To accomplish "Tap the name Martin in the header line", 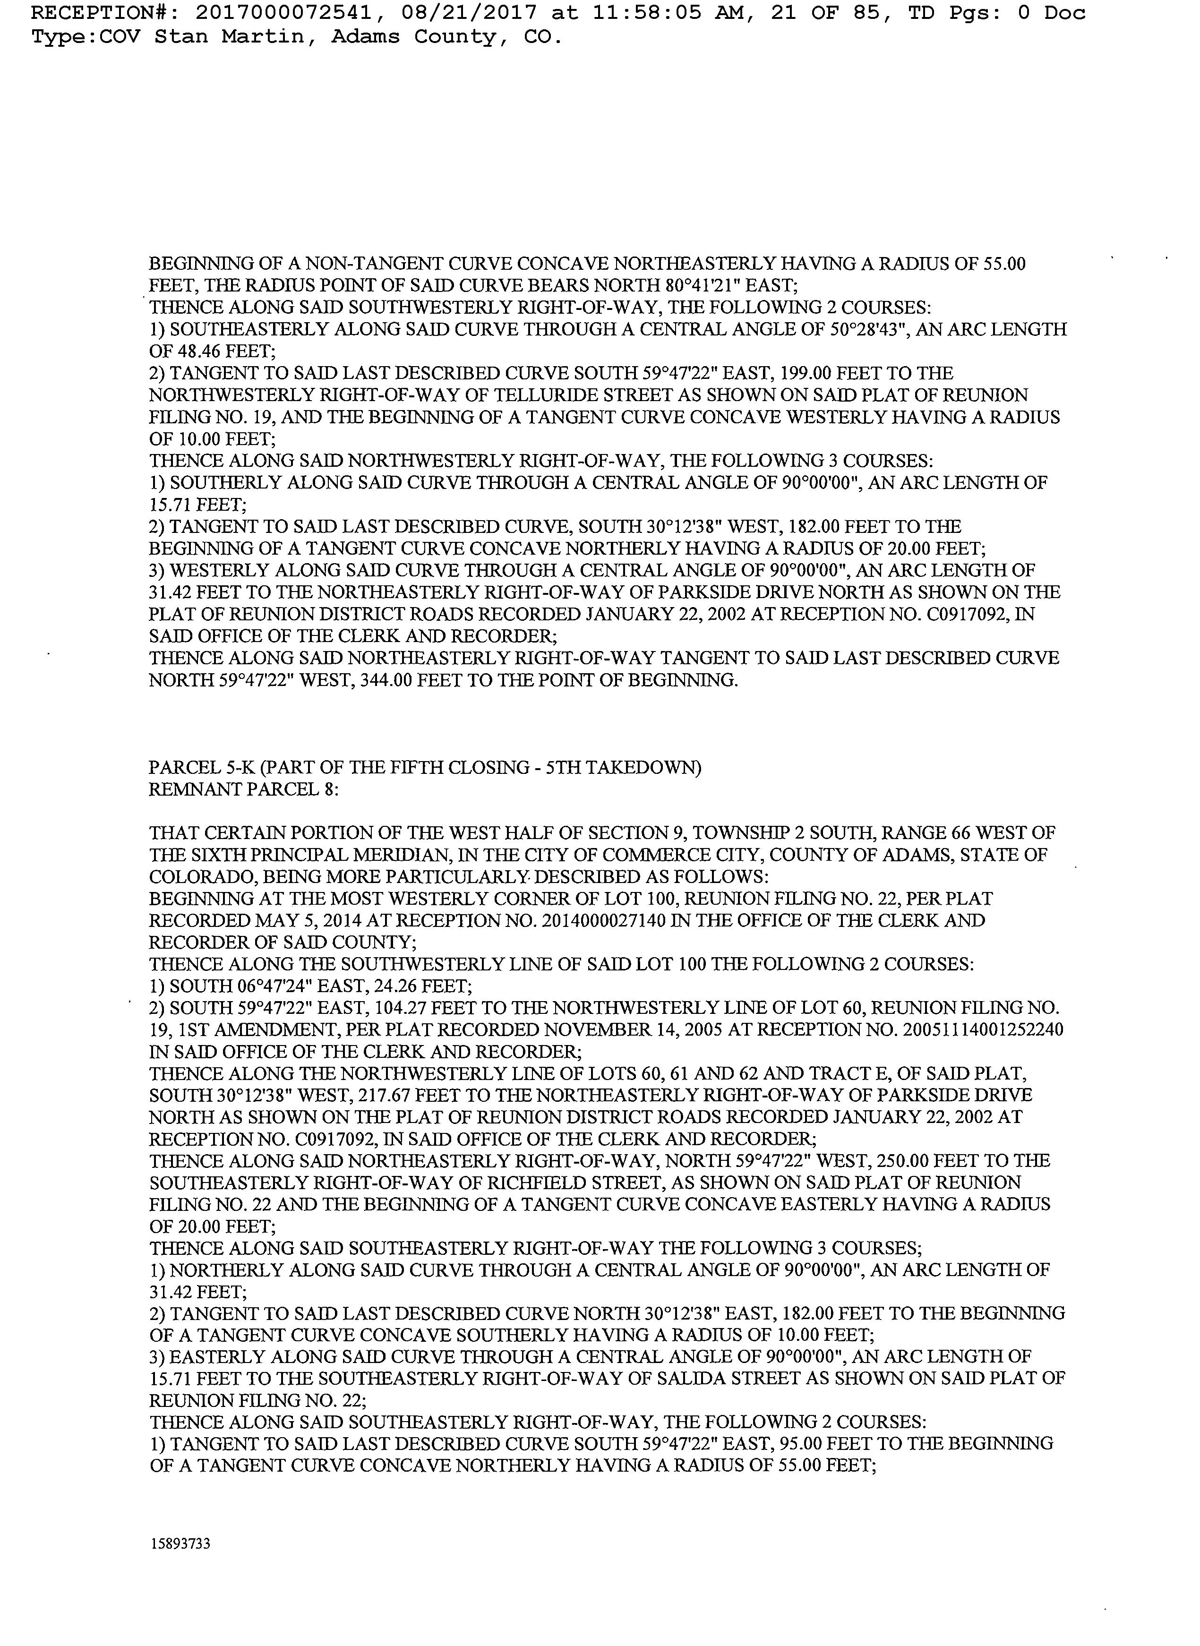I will pyautogui.click(x=262, y=36).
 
